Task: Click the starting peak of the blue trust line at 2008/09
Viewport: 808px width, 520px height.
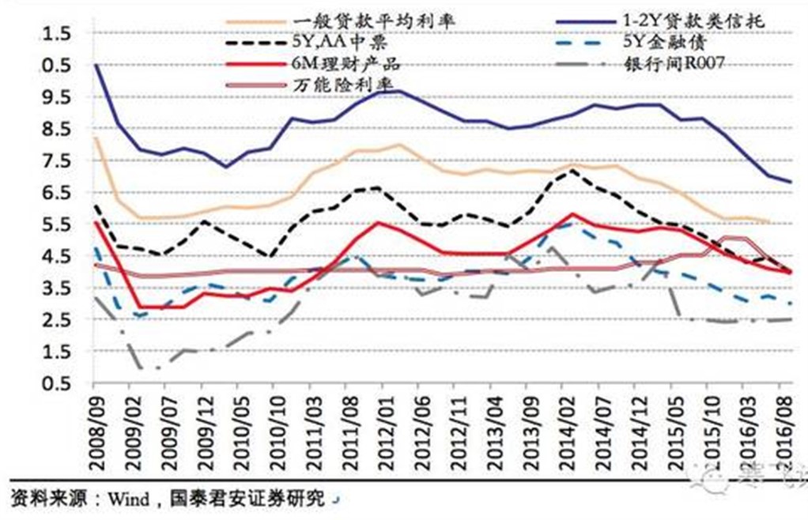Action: click(96, 65)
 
